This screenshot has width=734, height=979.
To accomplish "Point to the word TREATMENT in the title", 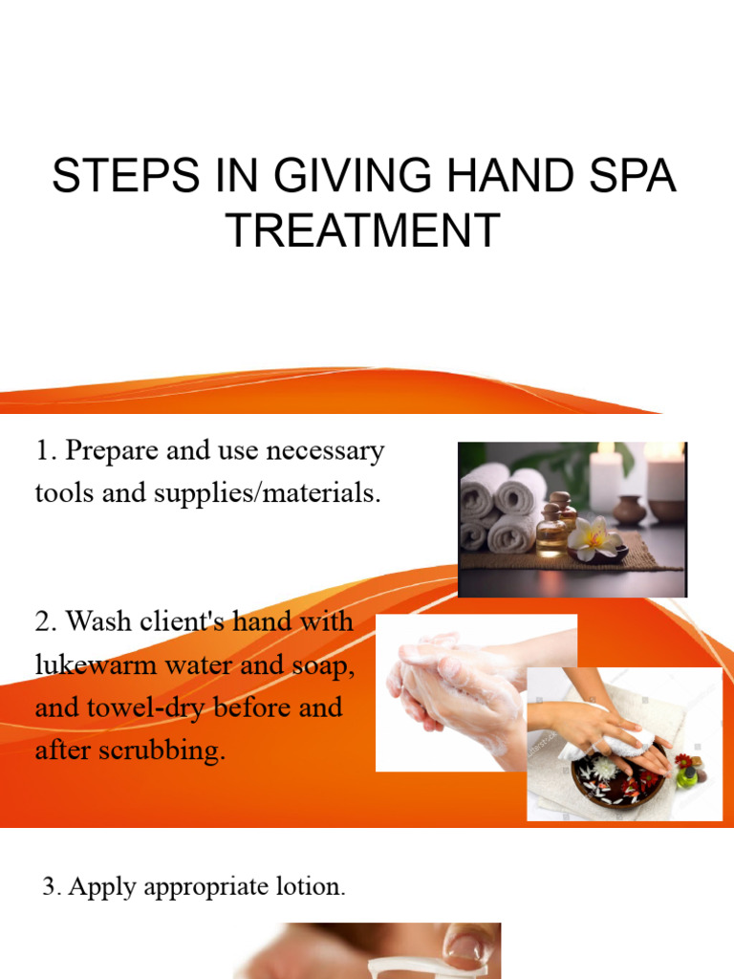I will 363,230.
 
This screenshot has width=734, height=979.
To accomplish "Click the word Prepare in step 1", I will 115,451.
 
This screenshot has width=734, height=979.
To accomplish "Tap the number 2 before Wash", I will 44,622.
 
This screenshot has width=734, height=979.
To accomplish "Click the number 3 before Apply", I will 50,887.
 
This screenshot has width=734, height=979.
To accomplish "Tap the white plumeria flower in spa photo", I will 591,534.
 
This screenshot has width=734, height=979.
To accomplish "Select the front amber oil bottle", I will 551,532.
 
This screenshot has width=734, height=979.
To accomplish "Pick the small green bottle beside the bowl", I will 687,773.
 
